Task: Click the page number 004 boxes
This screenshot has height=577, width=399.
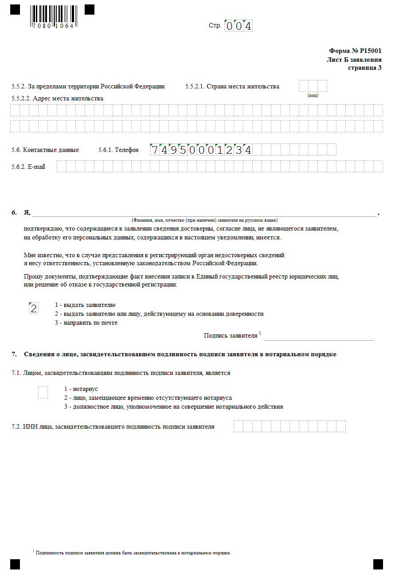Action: [239, 26]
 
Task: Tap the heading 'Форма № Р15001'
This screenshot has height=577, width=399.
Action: [355, 51]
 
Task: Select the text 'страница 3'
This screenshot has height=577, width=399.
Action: [364, 68]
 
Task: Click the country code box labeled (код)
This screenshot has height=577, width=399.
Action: [313, 86]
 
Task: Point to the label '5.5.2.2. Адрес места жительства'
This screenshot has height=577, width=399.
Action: [57, 98]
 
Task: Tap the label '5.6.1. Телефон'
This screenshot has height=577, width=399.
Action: [118, 150]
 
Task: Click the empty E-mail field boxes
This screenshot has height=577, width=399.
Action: [219, 167]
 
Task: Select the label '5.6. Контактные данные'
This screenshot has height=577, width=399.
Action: [45, 150]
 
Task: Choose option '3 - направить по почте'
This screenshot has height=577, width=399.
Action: [86, 323]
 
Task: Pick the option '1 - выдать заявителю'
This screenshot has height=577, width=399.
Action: [85, 305]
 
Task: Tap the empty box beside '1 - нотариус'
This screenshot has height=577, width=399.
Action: [43, 392]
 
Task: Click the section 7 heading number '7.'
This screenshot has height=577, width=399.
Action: [15, 354]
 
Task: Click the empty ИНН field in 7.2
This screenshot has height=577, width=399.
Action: [289, 426]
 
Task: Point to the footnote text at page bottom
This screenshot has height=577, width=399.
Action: [133, 553]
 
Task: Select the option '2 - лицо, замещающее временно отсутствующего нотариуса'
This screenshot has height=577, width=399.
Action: [148, 398]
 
